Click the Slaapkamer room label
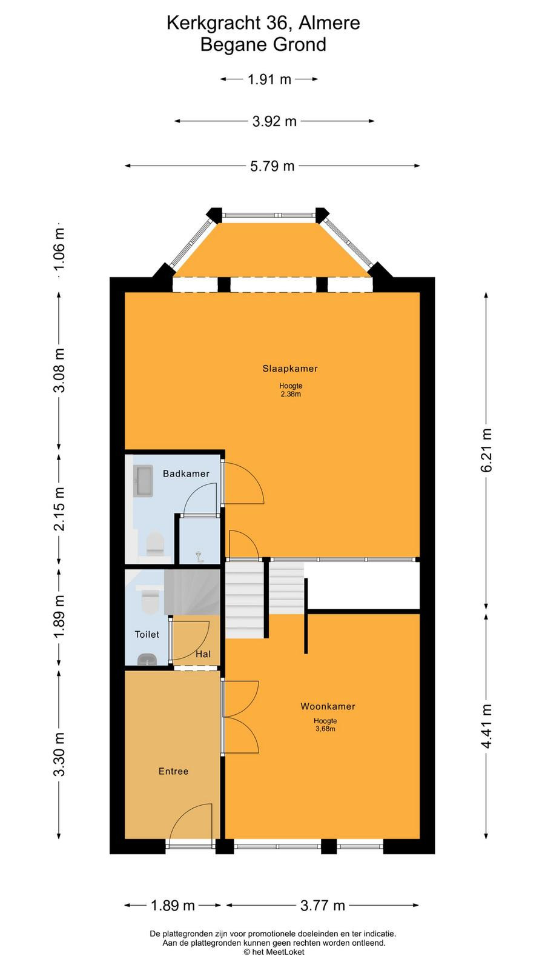(x=290, y=369)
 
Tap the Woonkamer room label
(x=328, y=706)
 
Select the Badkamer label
(x=186, y=473)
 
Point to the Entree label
(x=173, y=771)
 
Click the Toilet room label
(x=147, y=634)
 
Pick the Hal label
(x=203, y=654)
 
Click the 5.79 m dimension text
(x=272, y=166)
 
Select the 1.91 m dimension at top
(x=269, y=79)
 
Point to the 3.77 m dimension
(x=323, y=906)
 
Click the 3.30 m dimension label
(x=59, y=754)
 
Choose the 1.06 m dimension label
(x=59, y=249)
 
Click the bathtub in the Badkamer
(x=143, y=481)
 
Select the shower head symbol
(x=199, y=557)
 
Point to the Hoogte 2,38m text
(x=291, y=390)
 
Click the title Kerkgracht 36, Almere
(x=263, y=23)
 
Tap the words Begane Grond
(x=263, y=45)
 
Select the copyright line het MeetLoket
(x=274, y=952)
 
